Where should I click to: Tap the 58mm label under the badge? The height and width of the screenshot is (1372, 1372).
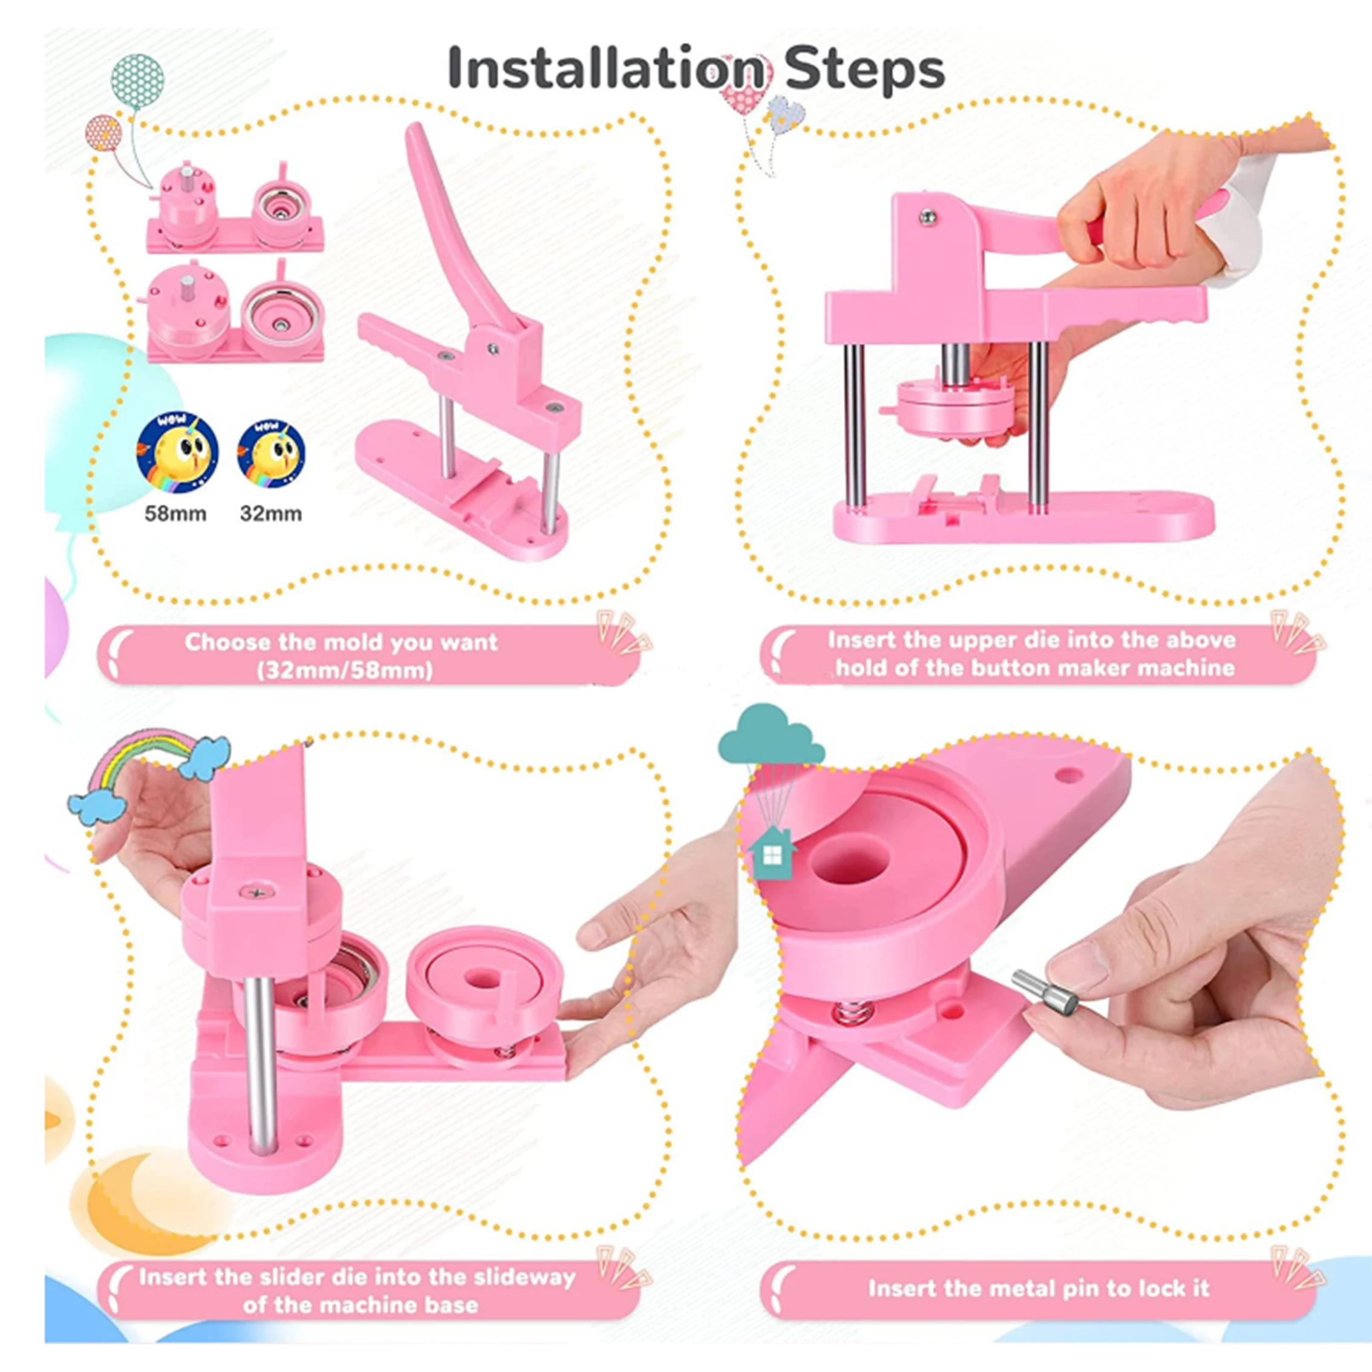coord(175,514)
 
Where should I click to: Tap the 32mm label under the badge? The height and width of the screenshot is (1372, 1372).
coord(270,514)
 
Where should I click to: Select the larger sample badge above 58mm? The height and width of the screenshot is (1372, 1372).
coord(177,453)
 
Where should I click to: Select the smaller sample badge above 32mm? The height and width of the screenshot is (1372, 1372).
coord(271,454)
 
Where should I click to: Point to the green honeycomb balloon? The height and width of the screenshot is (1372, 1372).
coord(137,82)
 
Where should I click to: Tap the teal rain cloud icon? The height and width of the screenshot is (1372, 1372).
coord(770,735)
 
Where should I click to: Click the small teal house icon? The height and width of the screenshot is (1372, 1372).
coord(772,852)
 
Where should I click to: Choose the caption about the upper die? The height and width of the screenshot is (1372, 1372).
coord(1032,654)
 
